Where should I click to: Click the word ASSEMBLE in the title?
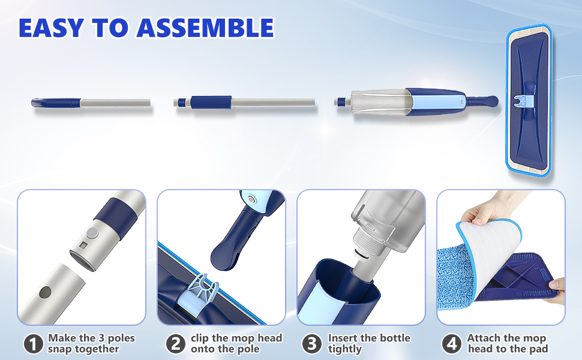pyautogui.click(x=205, y=28)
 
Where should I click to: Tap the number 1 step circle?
pyautogui.click(x=34, y=344)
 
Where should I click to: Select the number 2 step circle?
pyautogui.click(x=176, y=344)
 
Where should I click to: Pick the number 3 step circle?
pyautogui.click(x=312, y=344)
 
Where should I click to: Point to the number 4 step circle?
pyautogui.click(x=452, y=344)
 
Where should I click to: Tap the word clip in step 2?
pyautogui.click(x=199, y=338)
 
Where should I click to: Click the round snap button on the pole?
pyautogui.click(x=93, y=233)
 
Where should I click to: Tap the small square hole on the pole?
pyautogui.click(x=84, y=245)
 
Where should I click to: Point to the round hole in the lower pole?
pyautogui.click(x=45, y=292)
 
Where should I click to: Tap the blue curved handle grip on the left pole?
pyautogui.click(x=56, y=103)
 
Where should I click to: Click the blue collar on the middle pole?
pyautogui.click(x=211, y=102)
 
